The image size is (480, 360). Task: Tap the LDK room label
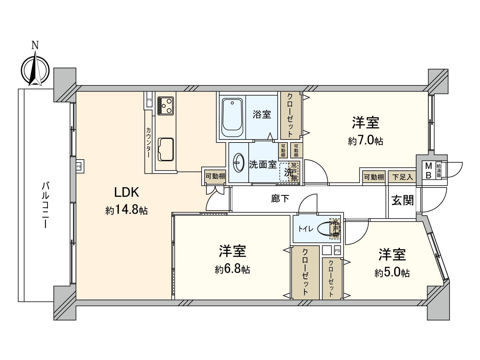(127, 192)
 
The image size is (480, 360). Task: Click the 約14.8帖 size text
(127, 210)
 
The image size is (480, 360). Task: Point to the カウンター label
(148, 142)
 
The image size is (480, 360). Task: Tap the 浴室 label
(262, 114)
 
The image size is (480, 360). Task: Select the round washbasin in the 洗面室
(239, 163)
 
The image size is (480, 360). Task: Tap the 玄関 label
(402, 200)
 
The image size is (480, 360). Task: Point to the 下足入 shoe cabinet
(402, 177)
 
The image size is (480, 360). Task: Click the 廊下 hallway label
(280, 198)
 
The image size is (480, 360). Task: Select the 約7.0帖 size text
(366, 140)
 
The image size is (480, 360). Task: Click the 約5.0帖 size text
(392, 273)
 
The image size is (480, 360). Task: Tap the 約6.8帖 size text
(232, 269)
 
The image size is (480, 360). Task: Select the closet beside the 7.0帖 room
(290, 115)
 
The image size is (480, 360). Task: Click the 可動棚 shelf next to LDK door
(215, 176)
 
